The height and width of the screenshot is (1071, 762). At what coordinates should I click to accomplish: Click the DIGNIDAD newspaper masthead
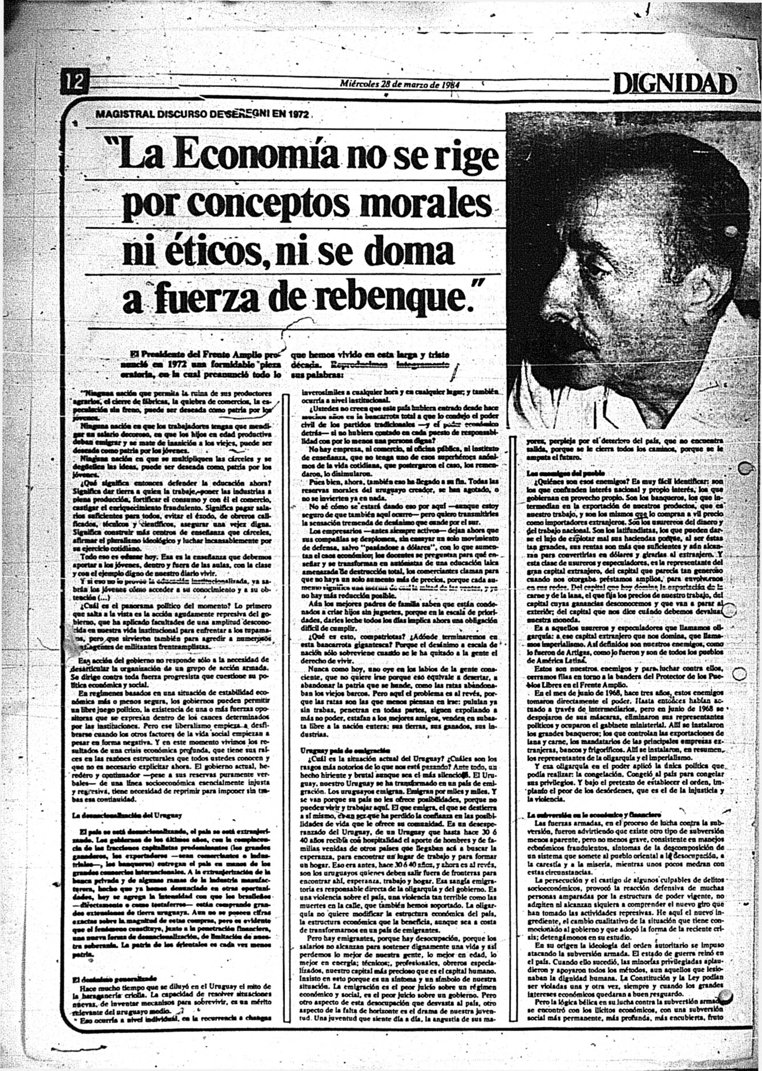[x=674, y=85]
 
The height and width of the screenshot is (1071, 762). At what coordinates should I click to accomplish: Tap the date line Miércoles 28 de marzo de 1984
[x=399, y=84]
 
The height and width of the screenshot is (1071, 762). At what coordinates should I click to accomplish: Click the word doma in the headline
[x=417, y=252]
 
